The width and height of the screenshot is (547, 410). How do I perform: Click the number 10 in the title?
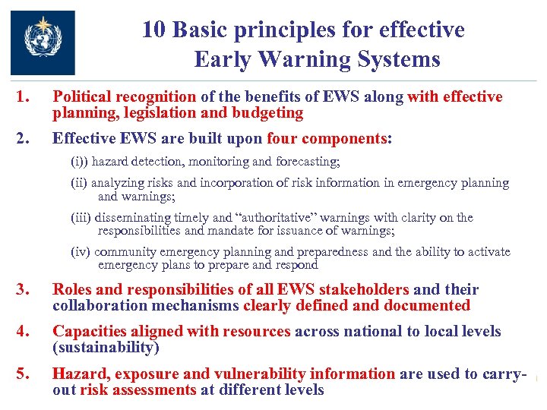(155, 30)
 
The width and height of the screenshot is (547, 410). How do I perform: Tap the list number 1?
(24, 97)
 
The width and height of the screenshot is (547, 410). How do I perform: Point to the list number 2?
(24, 139)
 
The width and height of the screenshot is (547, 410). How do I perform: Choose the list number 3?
(24, 289)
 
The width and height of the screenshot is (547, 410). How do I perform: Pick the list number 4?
(24, 332)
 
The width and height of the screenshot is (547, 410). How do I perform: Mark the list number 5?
(24, 374)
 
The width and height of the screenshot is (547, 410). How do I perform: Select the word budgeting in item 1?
(270, 114)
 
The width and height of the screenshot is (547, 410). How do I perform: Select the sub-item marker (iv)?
(84, 252)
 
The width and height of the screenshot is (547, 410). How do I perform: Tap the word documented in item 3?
(428, 306)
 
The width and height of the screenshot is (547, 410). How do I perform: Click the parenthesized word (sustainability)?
(106, 348)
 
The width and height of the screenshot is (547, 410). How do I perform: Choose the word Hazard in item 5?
(74, 374)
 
